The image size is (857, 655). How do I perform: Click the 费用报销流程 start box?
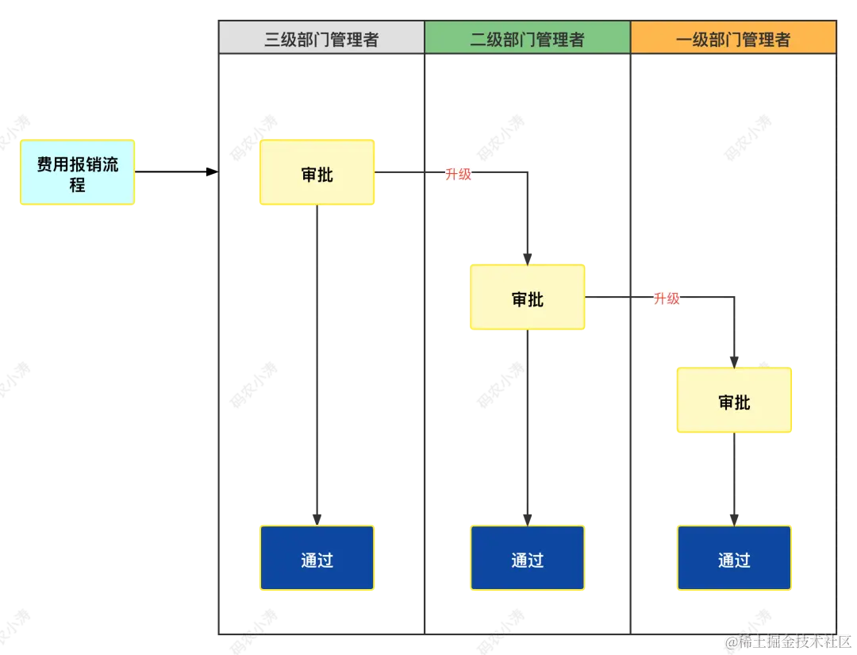pyautogui.click(x=78, y=173)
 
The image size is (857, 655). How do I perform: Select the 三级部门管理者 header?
pyautogui.click(x=321, y=38)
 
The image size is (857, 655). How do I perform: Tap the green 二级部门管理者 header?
pyautogui.click(x=527, y=38)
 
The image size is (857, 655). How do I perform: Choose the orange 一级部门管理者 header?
pyautogui.click(x=733, y=38)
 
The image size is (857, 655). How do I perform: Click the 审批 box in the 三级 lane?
pyautogui.click(x=317, y=173)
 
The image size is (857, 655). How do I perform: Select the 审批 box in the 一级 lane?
pyautogui.click(x=733, y=401)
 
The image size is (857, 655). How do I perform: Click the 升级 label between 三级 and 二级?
pyautogui.click(x=459, y=174)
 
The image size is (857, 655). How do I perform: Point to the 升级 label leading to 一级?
pyautogui.click(x=667, y=298)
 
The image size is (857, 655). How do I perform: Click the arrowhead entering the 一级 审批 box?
pyautogui.click(x=733, y=361)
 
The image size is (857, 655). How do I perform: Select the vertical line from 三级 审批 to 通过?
pyautogui.click(x=317, y=365)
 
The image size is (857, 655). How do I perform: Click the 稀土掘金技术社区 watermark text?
pyautogui.click(x=794, y=640)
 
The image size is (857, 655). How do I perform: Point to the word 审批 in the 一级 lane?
pyautogui.click(x=734, y=403)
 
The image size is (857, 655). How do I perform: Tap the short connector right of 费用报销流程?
pyautogui.click(x=138, y=171)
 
